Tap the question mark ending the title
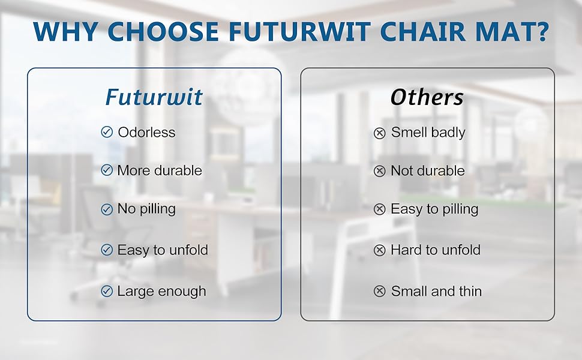coord(540,31)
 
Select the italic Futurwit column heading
coord(154,97)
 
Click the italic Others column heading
coord(427,97)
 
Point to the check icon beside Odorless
coord(107,133)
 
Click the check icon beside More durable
coord(107,171)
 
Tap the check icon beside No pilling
coord(107,209)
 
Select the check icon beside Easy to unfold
coord(107,250)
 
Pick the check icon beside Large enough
coord(107,292)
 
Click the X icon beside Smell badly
coord(379,133)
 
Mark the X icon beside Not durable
coord(379,172)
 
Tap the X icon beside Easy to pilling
coord(379,209)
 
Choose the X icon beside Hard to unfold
coord(379,250)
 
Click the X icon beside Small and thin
coord(379,292)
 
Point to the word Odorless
coord(146,133)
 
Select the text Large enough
coord(161,292)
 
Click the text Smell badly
coord(428,133)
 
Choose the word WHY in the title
coord(64,31)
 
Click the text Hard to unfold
coord(435,250)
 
